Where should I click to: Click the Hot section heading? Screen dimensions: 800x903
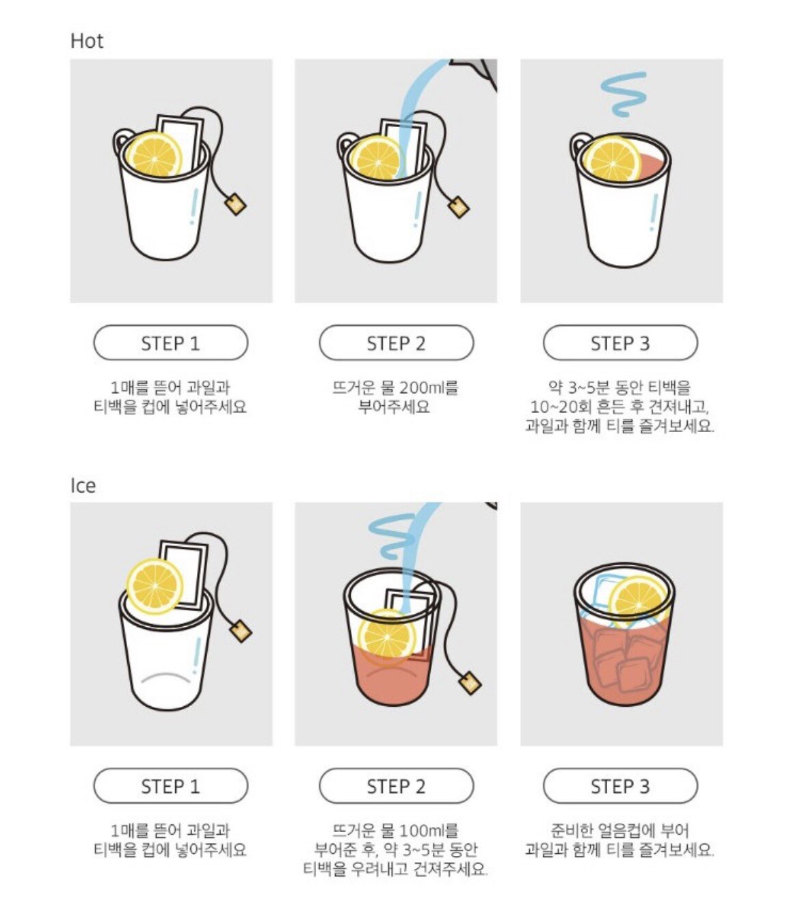click(x=87, y=41)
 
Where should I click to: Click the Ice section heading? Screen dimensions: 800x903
click(x=83, y=485)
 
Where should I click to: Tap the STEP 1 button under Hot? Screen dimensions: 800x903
click(x=170, y=342)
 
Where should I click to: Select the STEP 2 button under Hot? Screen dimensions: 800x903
click(x=396, y=342)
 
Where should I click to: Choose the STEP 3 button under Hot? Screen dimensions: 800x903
click(x=620, y=342)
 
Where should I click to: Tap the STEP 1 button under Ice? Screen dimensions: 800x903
click(x=170, y=786)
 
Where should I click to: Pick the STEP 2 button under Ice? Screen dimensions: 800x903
click(x=396, y=786)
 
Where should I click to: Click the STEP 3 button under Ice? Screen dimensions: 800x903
click(x=620, y=786)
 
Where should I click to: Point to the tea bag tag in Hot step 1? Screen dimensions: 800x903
click(x=235, y=204)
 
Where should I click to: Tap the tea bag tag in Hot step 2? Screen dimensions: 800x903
click(x=458, y=207)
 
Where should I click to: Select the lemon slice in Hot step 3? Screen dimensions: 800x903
click(x=612, y=159)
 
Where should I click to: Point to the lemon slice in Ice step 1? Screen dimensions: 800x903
click(x=155, y=587)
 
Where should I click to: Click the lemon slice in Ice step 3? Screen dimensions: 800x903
click(x=639, y=602)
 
